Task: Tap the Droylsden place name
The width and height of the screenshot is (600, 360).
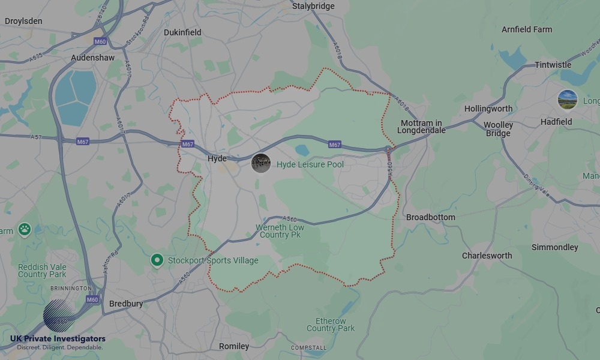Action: [x=23, y=21]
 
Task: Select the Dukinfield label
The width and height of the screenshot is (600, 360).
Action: [x=182, y=32]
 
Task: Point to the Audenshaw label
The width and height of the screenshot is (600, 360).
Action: [x=92, y=58]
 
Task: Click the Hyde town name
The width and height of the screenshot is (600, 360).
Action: [x=217, y=158]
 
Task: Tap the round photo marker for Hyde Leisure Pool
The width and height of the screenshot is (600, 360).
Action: [x=260, y=163]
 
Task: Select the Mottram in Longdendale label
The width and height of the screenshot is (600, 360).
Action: [x=422, y=127]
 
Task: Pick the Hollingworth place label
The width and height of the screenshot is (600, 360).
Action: [x=488, y=109]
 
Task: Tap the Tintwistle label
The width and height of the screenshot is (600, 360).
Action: [x=553, y=65]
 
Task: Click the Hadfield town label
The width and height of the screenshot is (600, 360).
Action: [x=556, y=122]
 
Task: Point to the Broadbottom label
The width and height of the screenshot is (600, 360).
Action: [x=430, y=217]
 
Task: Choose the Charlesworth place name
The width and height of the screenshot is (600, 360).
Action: [x=487, y=256]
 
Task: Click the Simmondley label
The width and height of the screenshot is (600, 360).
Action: [x=554, y=247]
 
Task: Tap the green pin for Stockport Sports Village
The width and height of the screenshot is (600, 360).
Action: [x=157, y=260]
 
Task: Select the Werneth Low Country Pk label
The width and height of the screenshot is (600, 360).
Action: [x=280, y=231]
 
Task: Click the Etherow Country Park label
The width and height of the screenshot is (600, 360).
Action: [x=331, y=325]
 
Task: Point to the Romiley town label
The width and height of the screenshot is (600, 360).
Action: [x=234, y=346]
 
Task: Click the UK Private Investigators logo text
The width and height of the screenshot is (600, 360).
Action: [x=58, y=339]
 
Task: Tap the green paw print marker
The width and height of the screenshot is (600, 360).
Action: [x=24, y=229]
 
